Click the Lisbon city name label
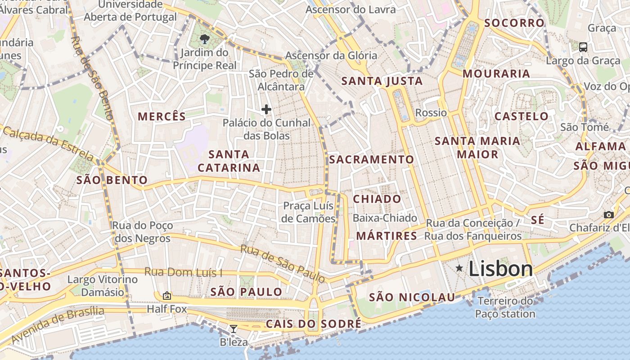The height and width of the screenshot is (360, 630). coord(500,269)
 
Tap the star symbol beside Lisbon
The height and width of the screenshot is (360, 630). coord(459,269)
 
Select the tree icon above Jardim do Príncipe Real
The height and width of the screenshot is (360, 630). coord(205,39)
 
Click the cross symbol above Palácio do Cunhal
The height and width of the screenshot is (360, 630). coord(266,109)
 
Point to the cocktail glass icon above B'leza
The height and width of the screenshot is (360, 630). coord(233,329)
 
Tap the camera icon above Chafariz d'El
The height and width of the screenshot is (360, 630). coord(609,215)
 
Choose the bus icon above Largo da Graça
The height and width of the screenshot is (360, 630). coord(583,47)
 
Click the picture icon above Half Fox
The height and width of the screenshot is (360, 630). coord(167,296)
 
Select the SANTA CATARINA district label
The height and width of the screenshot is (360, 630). coord(229,161)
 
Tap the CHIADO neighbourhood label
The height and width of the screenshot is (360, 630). coord(377,199)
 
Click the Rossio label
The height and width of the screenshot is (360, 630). coord(431,112)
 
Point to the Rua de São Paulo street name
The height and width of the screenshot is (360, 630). coord(282,264)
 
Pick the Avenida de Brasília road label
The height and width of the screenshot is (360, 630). coord(58,324)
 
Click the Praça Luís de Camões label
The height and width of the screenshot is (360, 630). coord(309,212)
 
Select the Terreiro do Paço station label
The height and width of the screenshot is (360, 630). coord(505,307)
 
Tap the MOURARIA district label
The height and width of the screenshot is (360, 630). coord(496,73)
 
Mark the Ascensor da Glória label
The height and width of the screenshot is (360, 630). coord(331,56)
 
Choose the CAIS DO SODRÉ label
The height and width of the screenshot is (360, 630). coord(313,324)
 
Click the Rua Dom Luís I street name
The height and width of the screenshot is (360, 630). coord(183,272)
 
